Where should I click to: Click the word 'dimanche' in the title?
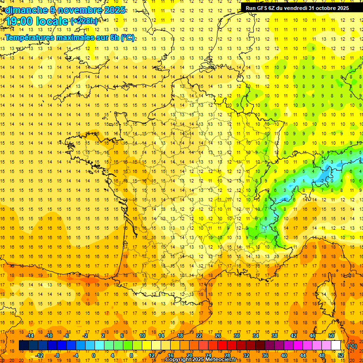(24, 10)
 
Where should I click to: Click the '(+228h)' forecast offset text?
(84, 21)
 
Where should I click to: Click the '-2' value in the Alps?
(322, 181)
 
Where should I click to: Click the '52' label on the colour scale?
(341, 355)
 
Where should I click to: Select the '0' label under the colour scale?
(94, 355)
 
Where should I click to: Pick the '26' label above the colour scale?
(217, 336)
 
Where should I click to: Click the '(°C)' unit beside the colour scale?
(352, 346)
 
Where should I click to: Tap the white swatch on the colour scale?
(336, 346)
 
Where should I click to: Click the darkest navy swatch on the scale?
(24, 346)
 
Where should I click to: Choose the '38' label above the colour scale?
(274, 336)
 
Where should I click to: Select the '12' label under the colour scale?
(151, 355)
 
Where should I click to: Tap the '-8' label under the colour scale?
(57, 355)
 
